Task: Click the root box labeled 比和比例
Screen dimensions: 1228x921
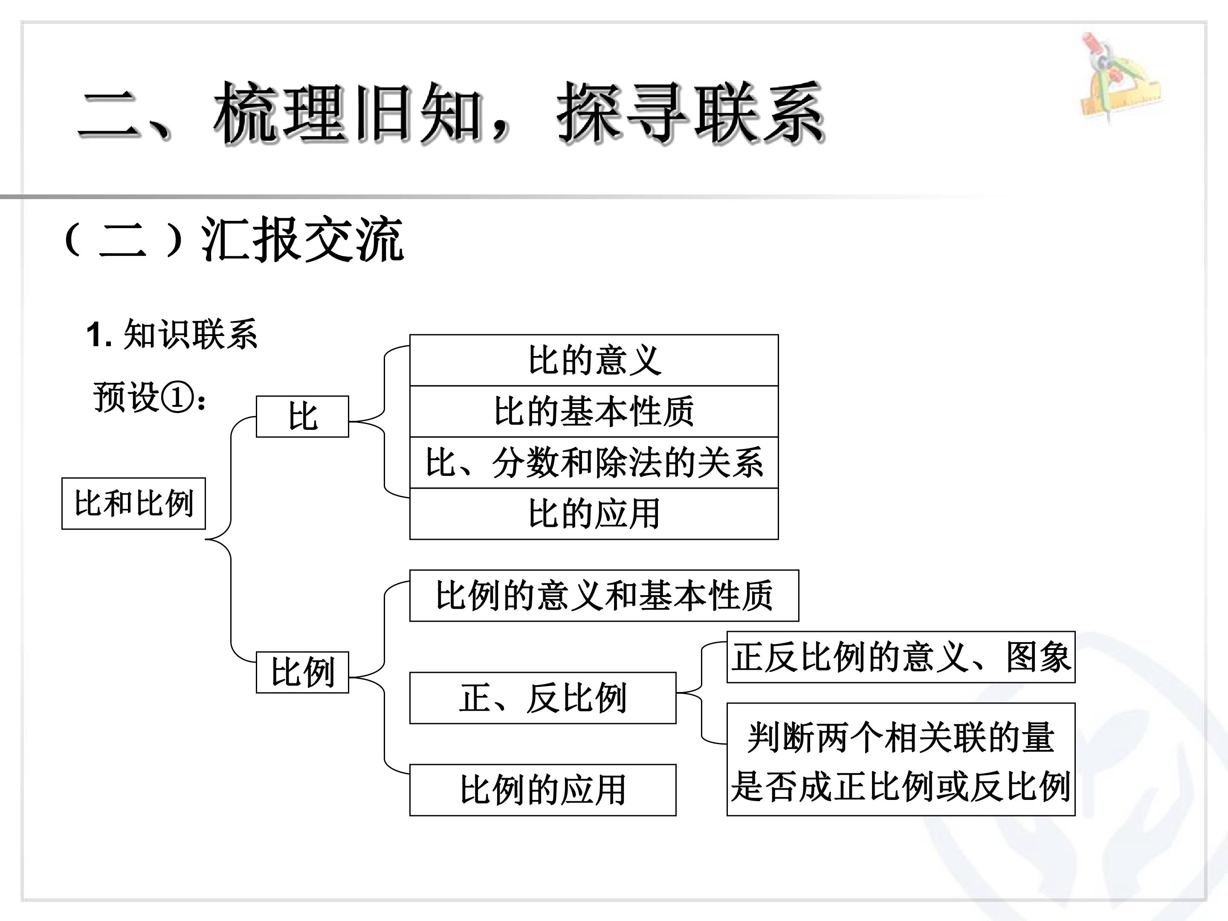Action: [x=133, y=503]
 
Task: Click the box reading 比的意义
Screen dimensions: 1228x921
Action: [x=594, y=360]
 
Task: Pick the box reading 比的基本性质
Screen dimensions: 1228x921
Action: [x=594, y=411]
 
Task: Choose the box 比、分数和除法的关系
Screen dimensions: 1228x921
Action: [x=594, y=463]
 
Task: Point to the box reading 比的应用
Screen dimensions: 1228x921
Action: [x=594, y=513]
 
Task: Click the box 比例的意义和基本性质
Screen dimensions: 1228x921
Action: [x=604, y=595]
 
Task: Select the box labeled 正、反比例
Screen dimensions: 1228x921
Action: [x=543, y=698]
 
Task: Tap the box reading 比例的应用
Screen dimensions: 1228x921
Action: [x=543, y=790]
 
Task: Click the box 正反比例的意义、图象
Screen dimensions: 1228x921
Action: [x=901, y=657]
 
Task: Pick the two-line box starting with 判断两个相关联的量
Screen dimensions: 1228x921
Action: [x=901, y=759]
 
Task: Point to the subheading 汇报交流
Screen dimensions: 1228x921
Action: [x=303, y=240]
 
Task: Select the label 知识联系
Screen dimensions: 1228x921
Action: [x=191, y=334]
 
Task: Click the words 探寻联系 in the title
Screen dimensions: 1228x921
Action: [x=691, y=114]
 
